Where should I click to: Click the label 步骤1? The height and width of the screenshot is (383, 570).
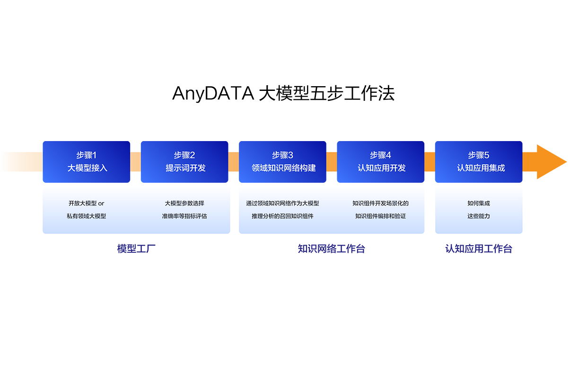(x=87, y=155)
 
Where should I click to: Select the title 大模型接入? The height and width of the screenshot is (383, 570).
(x=87, y=168)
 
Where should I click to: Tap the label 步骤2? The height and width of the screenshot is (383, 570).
(x=184, y=155)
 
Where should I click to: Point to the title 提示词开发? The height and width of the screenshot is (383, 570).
(x=185, y=168)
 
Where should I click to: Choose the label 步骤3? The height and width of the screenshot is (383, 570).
(x=282, y=155)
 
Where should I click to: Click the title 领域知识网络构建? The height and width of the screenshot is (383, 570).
(x=283, y=168)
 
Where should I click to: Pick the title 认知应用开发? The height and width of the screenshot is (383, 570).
(x=381, y=168)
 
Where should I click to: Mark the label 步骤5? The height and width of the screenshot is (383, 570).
(x=479, y=155)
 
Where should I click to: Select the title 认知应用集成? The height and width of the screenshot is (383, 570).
(x=481, y=168)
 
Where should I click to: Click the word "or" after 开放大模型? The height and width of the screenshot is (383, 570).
(x=101, y=204)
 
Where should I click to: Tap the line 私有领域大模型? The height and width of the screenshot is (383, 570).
(x=86, y=216)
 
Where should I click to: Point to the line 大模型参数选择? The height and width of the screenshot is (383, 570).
(x=184, y=204)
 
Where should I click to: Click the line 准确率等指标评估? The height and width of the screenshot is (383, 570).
(x=184, y=216)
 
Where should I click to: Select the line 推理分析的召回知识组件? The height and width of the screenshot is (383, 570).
(x=282, y=216)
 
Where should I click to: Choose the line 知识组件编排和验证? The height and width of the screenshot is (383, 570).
(x=380, y=216)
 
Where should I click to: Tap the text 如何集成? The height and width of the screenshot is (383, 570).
(x=479, y=204)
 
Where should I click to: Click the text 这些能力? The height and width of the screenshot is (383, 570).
(x=479, y=216)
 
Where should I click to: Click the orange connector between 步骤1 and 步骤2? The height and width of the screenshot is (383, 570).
(x=135, y=162)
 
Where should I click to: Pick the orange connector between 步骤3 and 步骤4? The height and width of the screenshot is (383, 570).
(x=332, y=162)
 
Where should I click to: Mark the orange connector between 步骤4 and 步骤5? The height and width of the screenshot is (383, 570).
(x=430, y=162)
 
